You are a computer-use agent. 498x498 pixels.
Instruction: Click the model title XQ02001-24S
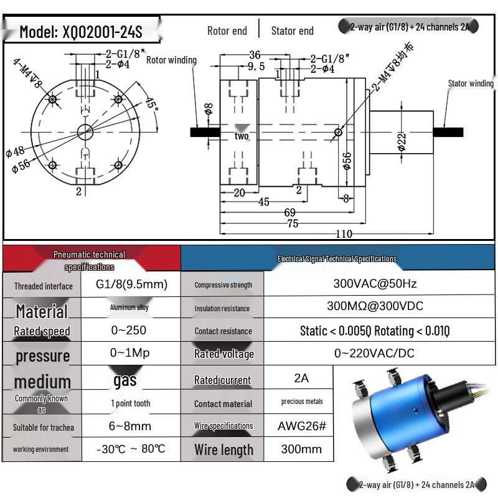[x=81, y=31]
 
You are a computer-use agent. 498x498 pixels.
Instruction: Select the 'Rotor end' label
[x=227, y=31]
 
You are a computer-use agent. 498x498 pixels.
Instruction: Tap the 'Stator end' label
[x=292, y=31]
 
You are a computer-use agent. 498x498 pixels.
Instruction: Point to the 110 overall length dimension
[x=344, y=234]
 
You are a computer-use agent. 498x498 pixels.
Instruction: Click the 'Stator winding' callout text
[x=471, y=83]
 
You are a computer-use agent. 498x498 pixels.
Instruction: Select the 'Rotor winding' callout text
[x=171, y=60]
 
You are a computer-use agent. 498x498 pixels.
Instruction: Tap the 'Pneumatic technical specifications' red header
[x=90, y=260]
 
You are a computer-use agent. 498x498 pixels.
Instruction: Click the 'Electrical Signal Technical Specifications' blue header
[x=337, y=258]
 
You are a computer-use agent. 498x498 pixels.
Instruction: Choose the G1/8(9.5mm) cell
[x=131, y=284]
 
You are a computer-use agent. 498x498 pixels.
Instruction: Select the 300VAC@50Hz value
[x=375, y=284]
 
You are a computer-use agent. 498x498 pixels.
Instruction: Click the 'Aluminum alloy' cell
[x=129, y=308]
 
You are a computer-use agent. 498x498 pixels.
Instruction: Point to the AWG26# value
[x=301, y=426]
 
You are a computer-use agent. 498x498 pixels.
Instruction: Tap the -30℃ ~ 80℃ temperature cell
[x=131, y=449]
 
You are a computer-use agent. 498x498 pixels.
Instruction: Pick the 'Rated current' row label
[x=222, y=380]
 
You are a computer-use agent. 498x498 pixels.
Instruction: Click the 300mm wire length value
[x=301, y=449]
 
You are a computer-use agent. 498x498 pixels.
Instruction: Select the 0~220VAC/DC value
[x=375, y=353]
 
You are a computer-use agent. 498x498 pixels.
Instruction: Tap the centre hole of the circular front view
[x=84, y=131]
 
